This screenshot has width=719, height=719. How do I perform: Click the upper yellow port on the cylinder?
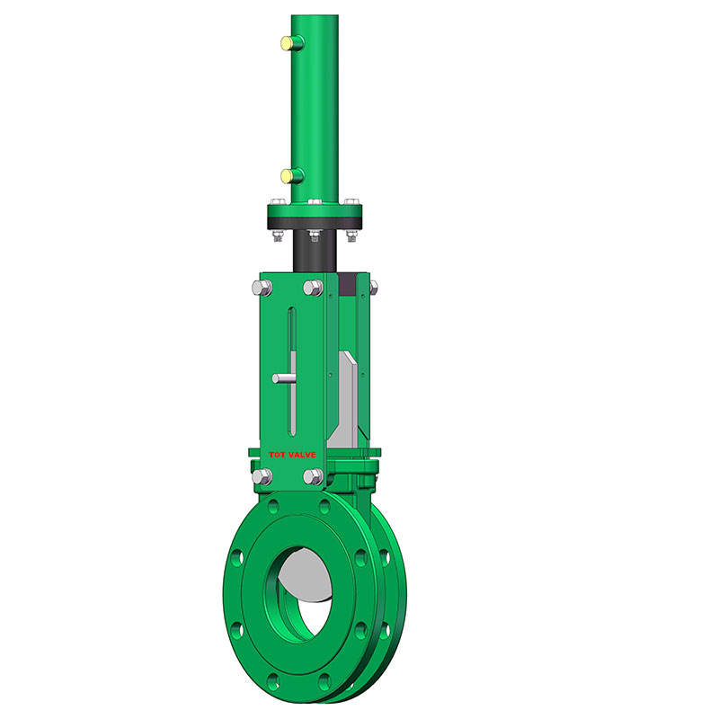[x=286, y=41]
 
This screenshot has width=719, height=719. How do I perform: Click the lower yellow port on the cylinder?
[x=286, y=174]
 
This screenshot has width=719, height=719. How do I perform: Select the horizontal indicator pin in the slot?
[x=286, y=378]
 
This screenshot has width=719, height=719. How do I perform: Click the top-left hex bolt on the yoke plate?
[x=261, y=288]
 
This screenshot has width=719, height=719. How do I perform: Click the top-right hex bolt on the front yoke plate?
[x=313, y=288]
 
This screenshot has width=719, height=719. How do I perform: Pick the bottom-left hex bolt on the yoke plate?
[x=261, y=476]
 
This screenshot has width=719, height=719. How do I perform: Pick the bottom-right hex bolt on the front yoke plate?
[x=313, y=476]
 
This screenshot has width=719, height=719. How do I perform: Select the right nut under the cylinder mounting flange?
[x=351, y=236]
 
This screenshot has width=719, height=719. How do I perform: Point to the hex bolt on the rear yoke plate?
[x=372, y=287]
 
